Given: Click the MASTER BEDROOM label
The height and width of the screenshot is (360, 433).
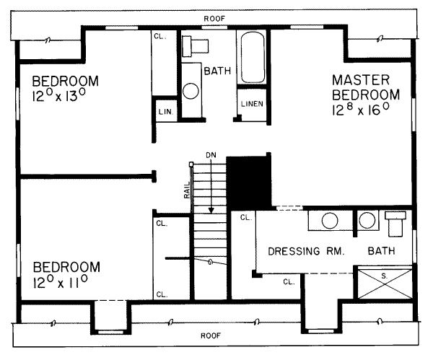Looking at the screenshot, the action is (x=366, y=87).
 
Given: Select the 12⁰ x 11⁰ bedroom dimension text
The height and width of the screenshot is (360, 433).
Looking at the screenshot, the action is (x=60, y=281).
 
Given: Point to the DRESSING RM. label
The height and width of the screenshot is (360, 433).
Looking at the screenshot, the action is (x=306, y=251).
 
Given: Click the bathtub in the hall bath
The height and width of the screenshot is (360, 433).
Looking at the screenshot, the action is (x=252, y=58).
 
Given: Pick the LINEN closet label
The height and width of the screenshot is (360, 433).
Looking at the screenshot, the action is (x=252, y=104).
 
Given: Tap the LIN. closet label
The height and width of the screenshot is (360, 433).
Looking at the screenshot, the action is (x=166, y=112).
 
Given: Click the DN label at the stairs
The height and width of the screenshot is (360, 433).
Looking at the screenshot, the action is (x=211, y=155).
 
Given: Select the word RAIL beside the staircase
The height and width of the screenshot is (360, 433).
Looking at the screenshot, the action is (x=187, y=190).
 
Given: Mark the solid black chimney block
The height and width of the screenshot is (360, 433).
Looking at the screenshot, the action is (x=248, y=183).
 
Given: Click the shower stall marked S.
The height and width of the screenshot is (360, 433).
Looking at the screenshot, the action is (x=385, y=282).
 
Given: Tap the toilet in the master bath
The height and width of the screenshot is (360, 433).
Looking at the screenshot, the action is (x=395, y=224).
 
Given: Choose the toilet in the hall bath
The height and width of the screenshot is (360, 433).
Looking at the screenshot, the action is (x=195, y=46).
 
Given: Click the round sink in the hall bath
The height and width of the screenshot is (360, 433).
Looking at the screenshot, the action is (x=191, y=91).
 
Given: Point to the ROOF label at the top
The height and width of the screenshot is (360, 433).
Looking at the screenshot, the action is (x=214, y=19).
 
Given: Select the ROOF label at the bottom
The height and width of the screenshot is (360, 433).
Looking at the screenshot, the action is (x=211, y=335).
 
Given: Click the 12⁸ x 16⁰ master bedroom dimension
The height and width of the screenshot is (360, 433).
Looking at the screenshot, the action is (x=361, y=109).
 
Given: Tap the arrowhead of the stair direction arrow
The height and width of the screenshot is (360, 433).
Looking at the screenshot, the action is (x=211, y=211).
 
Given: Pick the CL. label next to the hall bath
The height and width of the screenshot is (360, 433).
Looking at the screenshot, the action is (x=160, y=37).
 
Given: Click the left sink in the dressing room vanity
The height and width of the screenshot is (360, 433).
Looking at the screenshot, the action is (x=330, y=221).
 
